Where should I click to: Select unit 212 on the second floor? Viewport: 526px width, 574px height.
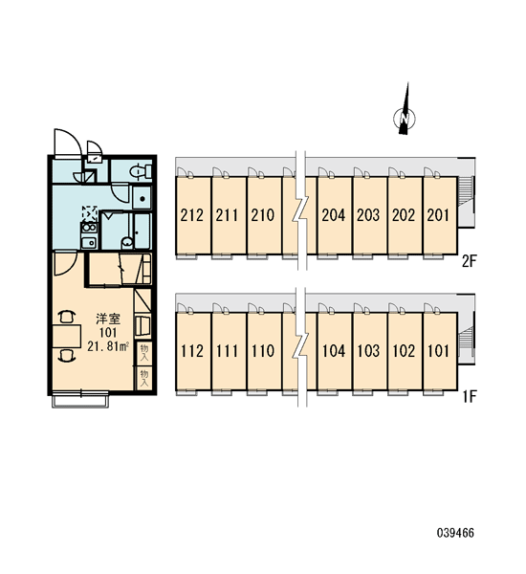[x=193, y=215]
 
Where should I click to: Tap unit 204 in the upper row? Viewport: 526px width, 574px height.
[x=334, y=215]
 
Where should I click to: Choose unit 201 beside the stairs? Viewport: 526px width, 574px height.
[x=440, y=215]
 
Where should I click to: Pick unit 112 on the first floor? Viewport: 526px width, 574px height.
[x=193, y=351]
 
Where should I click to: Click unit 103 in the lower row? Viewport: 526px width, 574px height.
[x=369, y=351]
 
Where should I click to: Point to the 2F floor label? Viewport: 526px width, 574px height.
[x=469, y=262]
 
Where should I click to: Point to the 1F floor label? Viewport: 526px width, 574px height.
[x=469, y=396]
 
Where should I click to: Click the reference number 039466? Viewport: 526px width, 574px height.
[x=455, y=533]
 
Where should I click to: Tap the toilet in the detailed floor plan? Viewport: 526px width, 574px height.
[x=141, y=171]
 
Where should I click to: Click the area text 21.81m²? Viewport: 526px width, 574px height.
[x=108, y=346]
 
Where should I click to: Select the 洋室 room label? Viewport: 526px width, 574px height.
[x=108, y=319]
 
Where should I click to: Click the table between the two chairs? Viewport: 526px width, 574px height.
[x=67, y=336]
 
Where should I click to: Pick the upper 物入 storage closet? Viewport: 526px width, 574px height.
[x=144, y=352]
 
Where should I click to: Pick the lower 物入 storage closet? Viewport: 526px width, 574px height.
[x=144, y=378]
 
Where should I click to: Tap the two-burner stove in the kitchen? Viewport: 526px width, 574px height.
[x=89, y=228]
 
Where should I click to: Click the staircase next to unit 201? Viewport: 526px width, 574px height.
[x=466, y=202]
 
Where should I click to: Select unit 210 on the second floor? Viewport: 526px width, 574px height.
[x=263, y=215]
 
